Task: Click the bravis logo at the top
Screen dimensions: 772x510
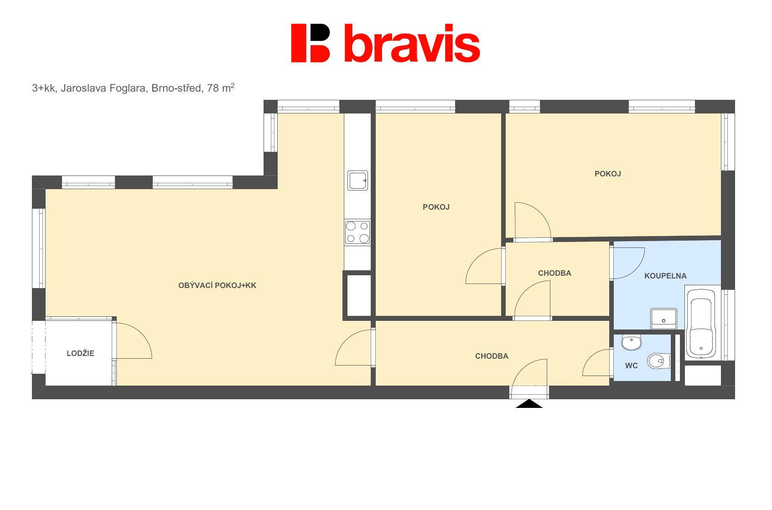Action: [385, 43]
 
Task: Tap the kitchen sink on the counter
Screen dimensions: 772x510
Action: [358, 180]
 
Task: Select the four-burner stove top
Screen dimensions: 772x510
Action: [358, 232]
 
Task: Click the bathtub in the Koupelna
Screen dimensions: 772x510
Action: [701, 323]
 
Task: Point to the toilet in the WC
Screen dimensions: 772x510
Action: [659, 361]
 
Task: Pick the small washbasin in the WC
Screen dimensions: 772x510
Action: [632, 342]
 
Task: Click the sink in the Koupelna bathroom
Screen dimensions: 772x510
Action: [663, 319]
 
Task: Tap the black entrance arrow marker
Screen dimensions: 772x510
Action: [529, 404]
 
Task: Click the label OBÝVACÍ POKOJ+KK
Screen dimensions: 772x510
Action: [217, 285]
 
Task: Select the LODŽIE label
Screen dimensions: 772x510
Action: [80, 353]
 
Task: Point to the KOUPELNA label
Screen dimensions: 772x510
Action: [665, 276]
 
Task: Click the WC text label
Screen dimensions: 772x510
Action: [632, 366]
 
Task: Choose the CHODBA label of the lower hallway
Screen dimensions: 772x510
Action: [492, 356]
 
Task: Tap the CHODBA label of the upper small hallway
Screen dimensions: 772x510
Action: [554, 273]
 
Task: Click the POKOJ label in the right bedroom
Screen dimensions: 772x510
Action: [607, 174]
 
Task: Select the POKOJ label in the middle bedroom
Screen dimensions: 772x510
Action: [436, 207]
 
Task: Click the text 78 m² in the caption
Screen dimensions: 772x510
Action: [221, 88]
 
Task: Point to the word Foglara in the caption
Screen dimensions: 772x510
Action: [128, 88]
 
